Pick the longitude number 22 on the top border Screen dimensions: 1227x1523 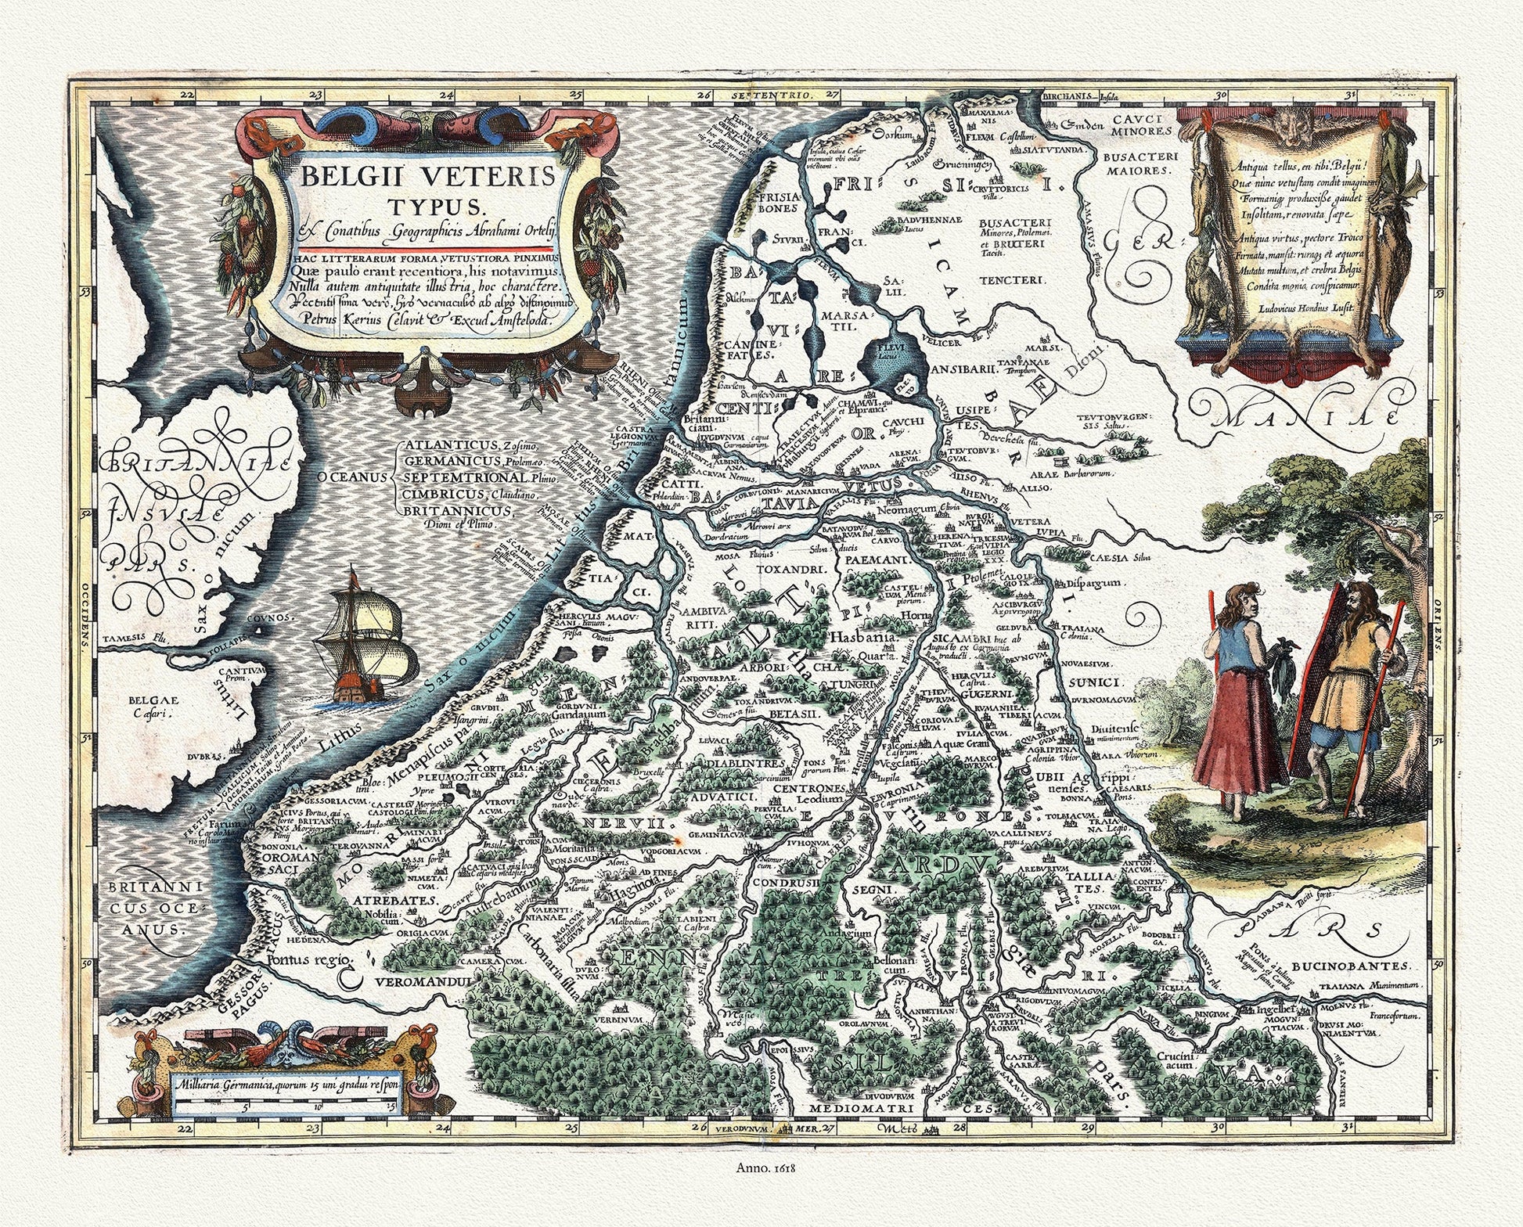tap(186, 95)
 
